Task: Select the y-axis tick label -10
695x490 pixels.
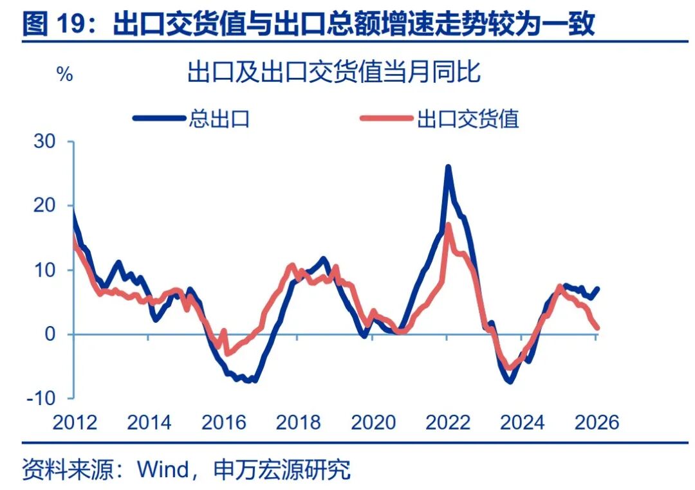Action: pyautogui.click(x=42, y=399)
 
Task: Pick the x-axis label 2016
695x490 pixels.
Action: pyautogui.click(x=223, y=422)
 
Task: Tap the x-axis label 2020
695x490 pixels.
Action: pyautogui.click(x=373, y=422)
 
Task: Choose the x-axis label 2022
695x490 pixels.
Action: pyautogui.click(x=448, y=422)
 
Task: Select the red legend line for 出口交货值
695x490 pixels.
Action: pyautogui.click(x=386, y=118)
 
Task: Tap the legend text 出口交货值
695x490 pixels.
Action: pyautogui.click(x=468, y=118)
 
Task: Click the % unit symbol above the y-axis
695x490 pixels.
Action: pyautogui.click(x=65, y=75)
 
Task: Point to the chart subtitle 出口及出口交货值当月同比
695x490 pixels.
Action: pyautogui.click(x=334, y=72)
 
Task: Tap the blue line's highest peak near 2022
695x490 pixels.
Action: pyautogui.click(x=448, y=168)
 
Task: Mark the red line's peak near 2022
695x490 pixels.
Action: pyautogui.click(x=448, y=225)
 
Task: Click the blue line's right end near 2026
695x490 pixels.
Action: pyautogui.click(x=598, y=289)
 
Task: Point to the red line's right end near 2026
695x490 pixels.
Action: pyautogui.click(x=598, y=328)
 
